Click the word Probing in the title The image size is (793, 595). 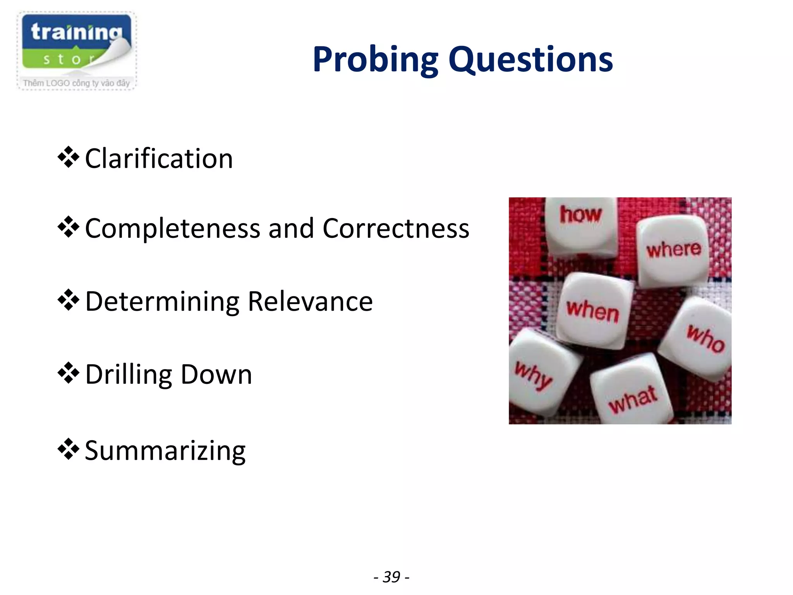(x=375, y=60)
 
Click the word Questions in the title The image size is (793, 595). (x=530, y=60)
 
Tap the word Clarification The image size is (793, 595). (x=159, y=159)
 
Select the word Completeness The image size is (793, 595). (x=172, y=229)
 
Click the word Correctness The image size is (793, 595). (x=396, y=229)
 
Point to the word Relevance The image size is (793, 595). (x=310, y=302)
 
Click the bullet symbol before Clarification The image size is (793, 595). (x=69, y=157)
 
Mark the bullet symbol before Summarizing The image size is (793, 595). (x=69, y=449)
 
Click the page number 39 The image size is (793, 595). (x=391, y=577)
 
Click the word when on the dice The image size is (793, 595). (x=592, y=311)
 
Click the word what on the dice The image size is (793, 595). (x=633, y=399)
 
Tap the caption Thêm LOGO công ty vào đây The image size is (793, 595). (x=76, y=83)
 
